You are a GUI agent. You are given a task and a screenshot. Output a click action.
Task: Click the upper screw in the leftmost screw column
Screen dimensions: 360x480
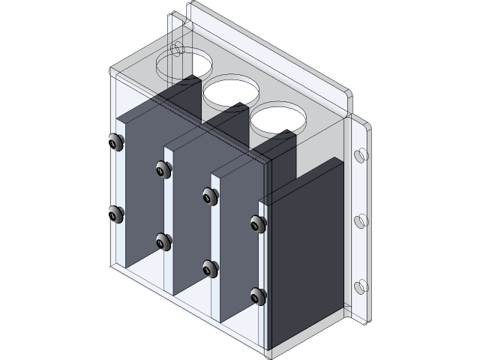[x=115, y=142]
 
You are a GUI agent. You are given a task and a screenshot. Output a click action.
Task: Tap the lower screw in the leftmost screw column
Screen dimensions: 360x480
[x=115, y=215]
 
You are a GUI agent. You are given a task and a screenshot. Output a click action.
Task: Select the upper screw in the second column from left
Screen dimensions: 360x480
[x=163, y=170]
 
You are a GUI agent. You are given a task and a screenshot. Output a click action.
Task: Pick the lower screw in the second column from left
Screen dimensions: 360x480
[x=163, y=241]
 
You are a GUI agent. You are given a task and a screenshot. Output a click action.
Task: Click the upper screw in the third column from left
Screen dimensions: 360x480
[x=211, y=196]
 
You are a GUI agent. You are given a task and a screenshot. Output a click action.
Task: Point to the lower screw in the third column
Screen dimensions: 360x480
[x=211, y=268]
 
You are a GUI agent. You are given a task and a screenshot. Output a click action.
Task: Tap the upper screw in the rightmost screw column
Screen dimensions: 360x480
[x=258, y=223]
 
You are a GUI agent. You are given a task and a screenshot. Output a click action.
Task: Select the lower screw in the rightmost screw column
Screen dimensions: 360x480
[x=258, y=295]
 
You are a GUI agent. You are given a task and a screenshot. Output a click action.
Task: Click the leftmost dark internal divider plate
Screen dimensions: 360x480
[x=142, y=187]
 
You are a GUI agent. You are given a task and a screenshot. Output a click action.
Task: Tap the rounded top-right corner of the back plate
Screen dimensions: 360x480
[x=346, y=97]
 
